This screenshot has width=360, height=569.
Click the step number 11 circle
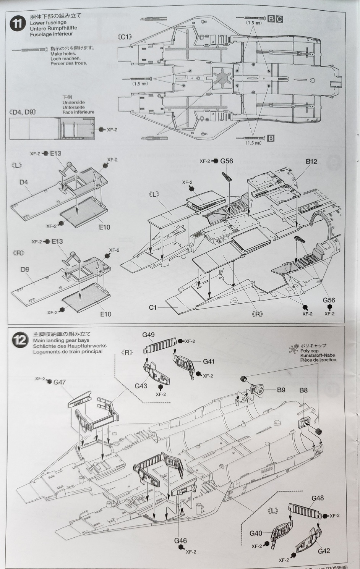coord(18,23)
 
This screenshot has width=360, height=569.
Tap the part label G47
coord(60,381)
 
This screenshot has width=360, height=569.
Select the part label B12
coord(311,162)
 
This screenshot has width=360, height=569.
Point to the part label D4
coord(24,182)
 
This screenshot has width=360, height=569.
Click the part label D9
coord(25,269)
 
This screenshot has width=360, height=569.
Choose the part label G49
coord(148,335)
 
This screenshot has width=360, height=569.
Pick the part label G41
coord(208,361)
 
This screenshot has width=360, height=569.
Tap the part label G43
coord(141,386)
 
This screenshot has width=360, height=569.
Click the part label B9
coord(281,390)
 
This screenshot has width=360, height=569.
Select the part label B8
coord(303,390)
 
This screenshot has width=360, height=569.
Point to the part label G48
coord(318,498)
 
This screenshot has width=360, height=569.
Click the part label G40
coord(256,533)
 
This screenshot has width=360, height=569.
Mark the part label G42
coord(324,551)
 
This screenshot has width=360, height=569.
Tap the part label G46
coord(180,540)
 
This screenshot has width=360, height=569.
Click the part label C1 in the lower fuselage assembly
coord(152,307)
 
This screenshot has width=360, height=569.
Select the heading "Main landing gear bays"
coord(61,340)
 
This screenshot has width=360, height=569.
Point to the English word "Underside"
coord(74,103)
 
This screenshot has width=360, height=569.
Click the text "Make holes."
coord(63,54)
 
